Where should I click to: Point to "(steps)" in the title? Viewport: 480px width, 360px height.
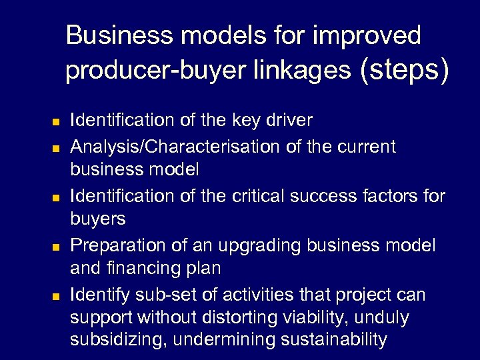pyautogui.click(x=403, y=69)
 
